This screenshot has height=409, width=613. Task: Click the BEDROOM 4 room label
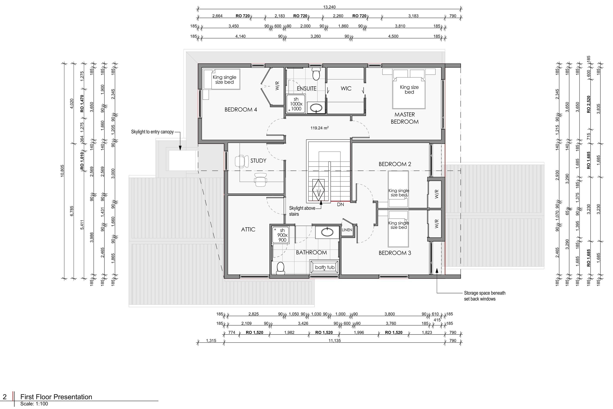(241, 110)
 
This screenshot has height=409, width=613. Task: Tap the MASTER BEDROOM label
(404, 118)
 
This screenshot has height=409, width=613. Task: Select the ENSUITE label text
(306, 88)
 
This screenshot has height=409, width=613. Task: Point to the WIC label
(346, 88)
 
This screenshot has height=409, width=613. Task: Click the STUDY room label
(258, 161)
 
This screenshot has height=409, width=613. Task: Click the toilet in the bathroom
(281, 268)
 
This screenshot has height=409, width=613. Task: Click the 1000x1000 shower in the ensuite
(296, 104)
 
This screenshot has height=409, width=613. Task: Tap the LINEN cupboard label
(347, 230)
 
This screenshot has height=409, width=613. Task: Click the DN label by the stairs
(340, 204)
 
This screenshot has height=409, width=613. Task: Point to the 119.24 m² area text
(319, 128)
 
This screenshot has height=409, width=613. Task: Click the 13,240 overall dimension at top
(329, 7)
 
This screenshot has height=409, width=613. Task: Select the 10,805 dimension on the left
(62, 171)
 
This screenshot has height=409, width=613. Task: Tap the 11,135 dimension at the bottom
(334, 340)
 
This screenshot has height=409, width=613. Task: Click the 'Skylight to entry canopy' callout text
(152, 132)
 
